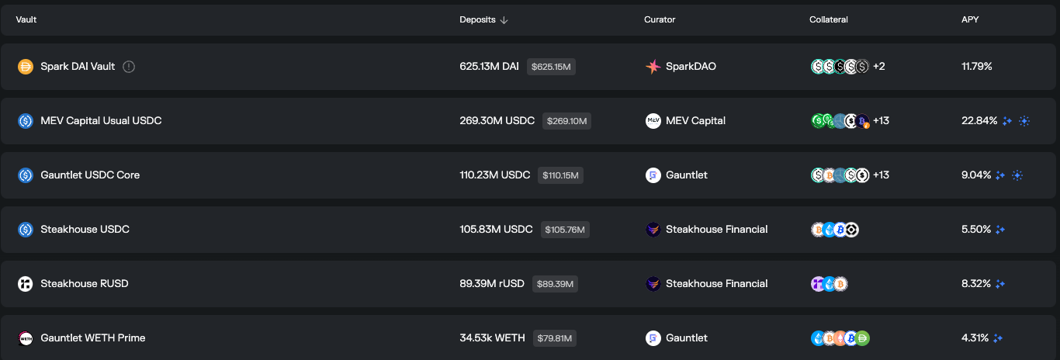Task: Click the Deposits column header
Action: click(x=477, y=19)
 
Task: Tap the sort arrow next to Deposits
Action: click(x=504, y=20)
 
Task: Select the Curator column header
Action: click(x=660, y=19)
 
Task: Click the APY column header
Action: click(x=970, y=19)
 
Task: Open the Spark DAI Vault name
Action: click(x=78, y=66)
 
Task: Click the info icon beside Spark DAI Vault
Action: click(x=129, y=67)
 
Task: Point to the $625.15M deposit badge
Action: click(x=551, y=67)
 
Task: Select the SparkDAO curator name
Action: click(x=691, y=66)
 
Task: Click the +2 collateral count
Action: click(x=879, y=66)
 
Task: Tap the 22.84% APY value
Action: click(x=979, y=120)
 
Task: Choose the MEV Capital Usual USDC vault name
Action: click(x=102, y=120)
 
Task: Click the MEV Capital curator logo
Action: click(x=653, y=120)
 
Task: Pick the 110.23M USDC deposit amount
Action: click(x=495, y=175)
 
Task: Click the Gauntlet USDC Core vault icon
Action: click(x=26, y=175)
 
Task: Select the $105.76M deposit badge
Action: click(x=565, y=230)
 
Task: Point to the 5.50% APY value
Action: click(x=975, y=230)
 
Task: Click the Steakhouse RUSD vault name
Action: click(x=85, y=283)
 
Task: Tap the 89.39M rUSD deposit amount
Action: click(x=492, y=283)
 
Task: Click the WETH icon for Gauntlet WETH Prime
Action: click(x=26, y=337)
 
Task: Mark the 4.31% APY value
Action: click(x=975, y=337)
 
